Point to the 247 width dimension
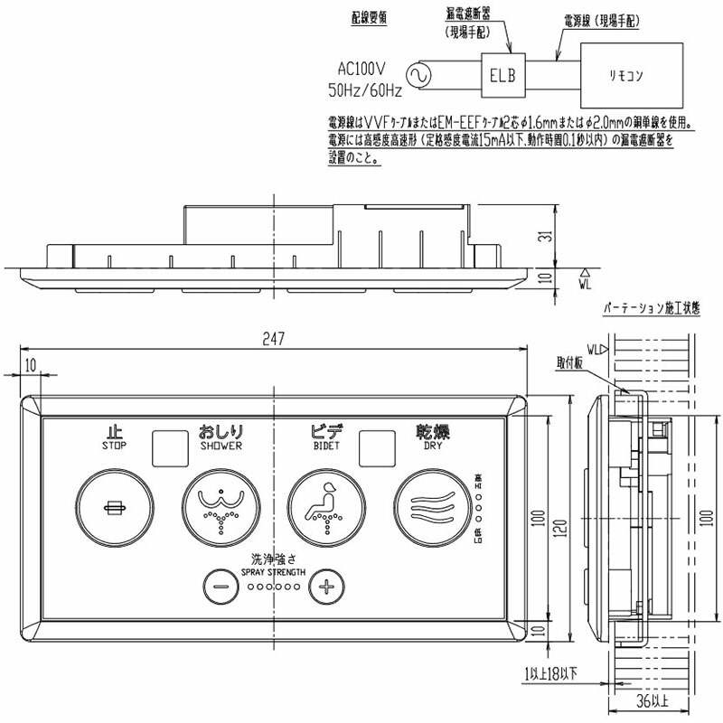point(275,339)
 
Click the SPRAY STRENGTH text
point(273,572)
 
